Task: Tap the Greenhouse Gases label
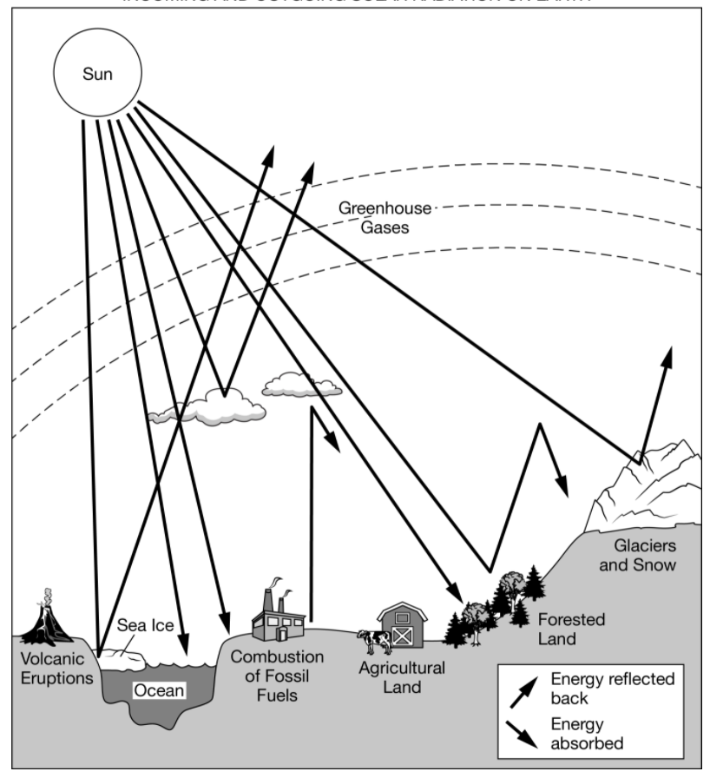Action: (x=373, y=217)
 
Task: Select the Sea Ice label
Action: (x=147, y=626)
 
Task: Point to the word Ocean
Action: (x=158, y=691)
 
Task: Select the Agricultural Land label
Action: (x=402, y=677)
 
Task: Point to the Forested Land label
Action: (x=570, y=630)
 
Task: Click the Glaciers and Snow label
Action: (x=644, y=556)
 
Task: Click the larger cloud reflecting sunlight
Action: (x=208, y=408)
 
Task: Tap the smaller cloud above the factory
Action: (x=300, y=386)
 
